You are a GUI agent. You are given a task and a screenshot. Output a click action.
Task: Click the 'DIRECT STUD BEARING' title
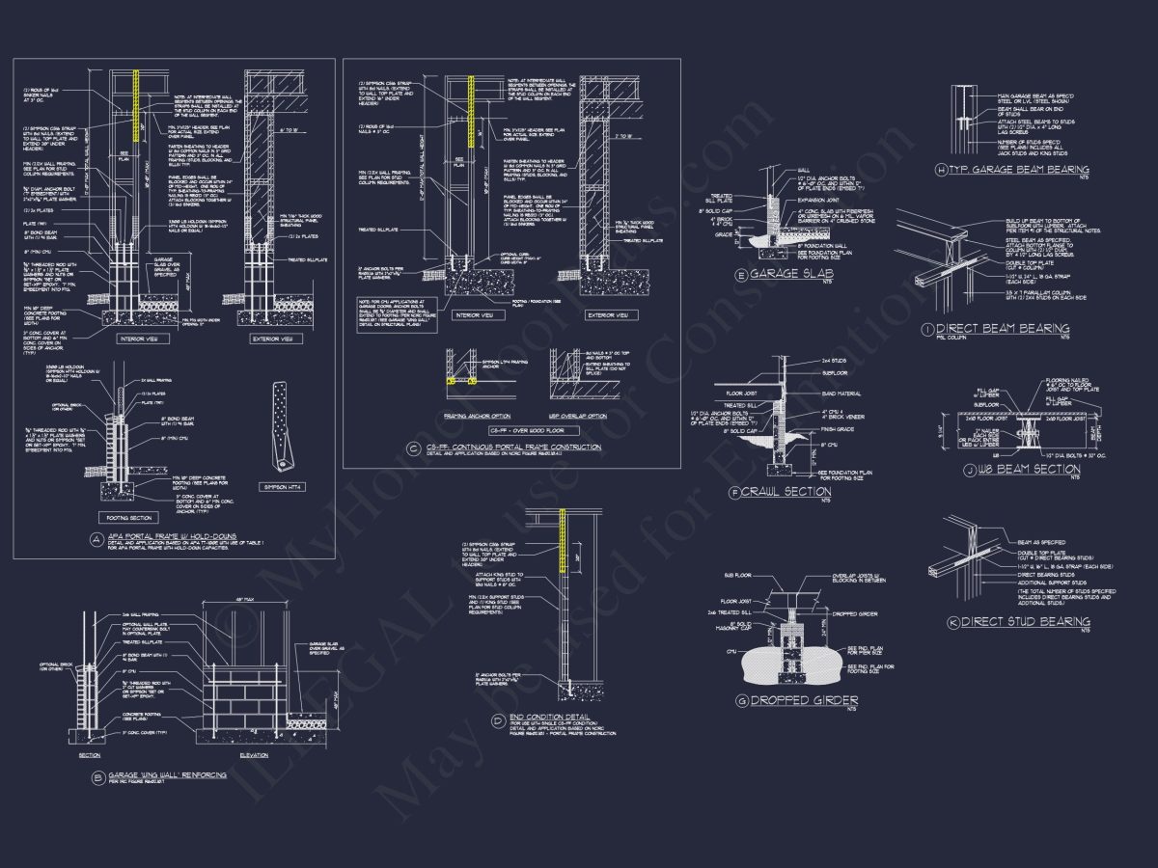coord(1026,622)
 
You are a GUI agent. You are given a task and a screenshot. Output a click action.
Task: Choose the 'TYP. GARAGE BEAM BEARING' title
coord(1019,170)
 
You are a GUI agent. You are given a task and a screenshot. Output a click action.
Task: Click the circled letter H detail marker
coord(941,171)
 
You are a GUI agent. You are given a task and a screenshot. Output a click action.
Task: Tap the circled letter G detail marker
coord(741,700)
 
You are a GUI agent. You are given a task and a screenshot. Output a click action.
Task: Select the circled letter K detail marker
coord(953,623)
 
